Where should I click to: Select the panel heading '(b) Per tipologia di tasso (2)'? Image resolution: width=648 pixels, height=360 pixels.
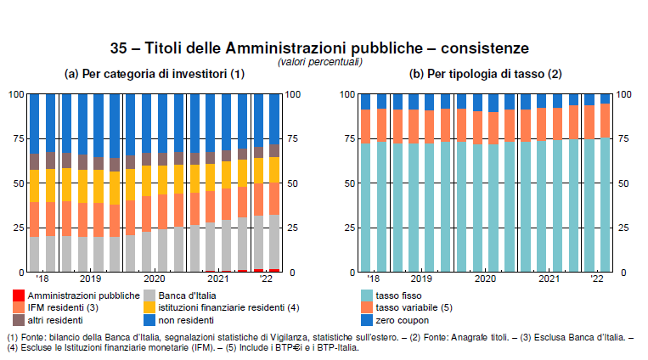point(486,75)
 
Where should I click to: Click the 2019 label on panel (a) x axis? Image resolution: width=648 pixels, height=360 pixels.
point(90,279)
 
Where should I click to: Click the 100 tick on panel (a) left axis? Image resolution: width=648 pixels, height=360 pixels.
point(15,94)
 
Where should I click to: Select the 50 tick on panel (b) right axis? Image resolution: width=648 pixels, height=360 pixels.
point(624,183)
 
